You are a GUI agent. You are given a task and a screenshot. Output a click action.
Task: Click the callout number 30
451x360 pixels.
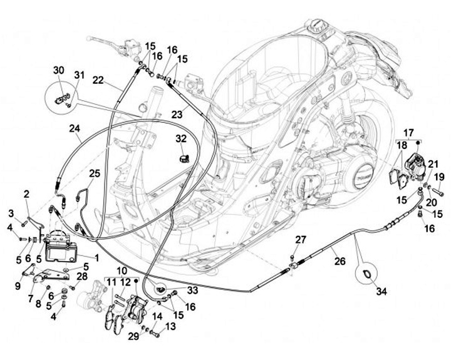pyautogui.click(x=58, y=69)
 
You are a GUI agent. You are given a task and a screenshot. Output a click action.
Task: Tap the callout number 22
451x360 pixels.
pyautogui.click(x=98, y=80)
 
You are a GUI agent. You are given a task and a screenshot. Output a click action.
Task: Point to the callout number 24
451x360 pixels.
pyautogui.click(x=75, y=130)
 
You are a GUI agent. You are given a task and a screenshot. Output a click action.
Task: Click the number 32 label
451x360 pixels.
pyautogui.click(x=181, y=138)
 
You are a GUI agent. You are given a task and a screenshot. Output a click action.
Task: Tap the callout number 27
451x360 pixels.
pyautogui.click(x=301, y=239)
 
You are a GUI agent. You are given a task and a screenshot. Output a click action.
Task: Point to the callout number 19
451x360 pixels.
pyautogui.click(x=439, y=177)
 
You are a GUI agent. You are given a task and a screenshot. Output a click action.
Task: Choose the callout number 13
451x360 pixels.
pyautogui.click(x=171, y=326)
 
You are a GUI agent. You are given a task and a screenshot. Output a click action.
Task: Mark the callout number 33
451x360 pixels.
pyautogui.click(x=192, y=291)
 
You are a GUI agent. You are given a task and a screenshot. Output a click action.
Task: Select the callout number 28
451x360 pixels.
pyautogui.click(x=81, y=277)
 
